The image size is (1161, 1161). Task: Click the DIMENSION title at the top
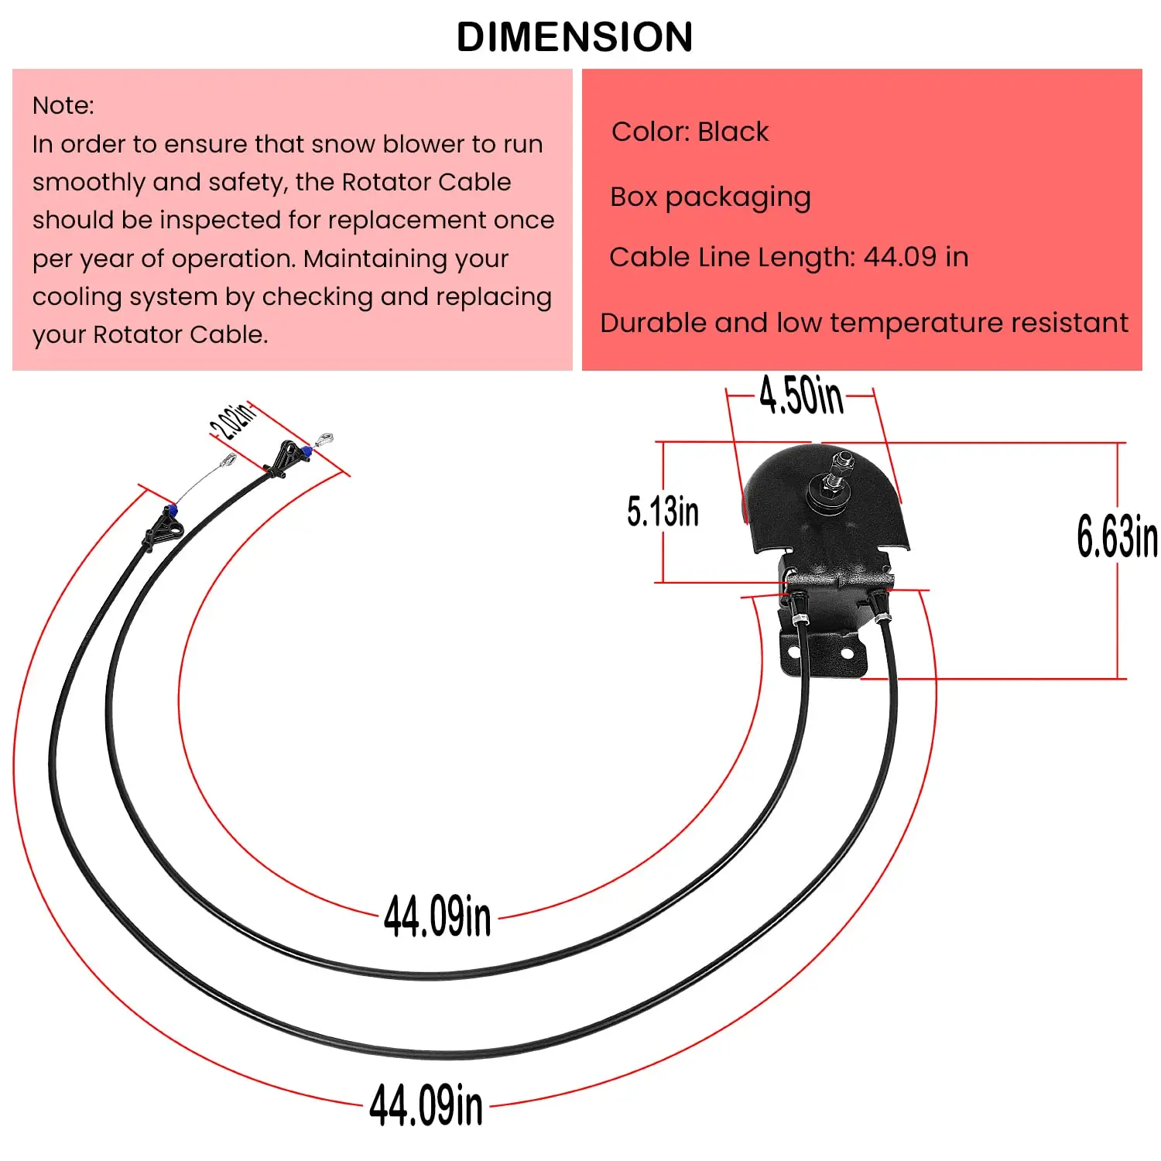tap(574, 36)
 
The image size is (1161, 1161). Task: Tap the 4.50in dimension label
tap(800, 396)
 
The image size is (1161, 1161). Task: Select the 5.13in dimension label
tap(663, 512)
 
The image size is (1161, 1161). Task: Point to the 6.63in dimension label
tap(1116, 536)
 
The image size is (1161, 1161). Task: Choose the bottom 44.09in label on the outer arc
tap(426, 1104)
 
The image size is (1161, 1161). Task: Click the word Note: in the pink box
tap(63, 105)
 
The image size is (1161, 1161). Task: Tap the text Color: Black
tap(690, 132)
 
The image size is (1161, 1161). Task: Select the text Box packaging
tap(710, 197)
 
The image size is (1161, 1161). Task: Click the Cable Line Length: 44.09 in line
tap(788, 257)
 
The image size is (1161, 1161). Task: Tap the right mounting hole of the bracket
tap(847, 654)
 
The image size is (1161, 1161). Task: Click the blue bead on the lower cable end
tap(171, 510)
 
